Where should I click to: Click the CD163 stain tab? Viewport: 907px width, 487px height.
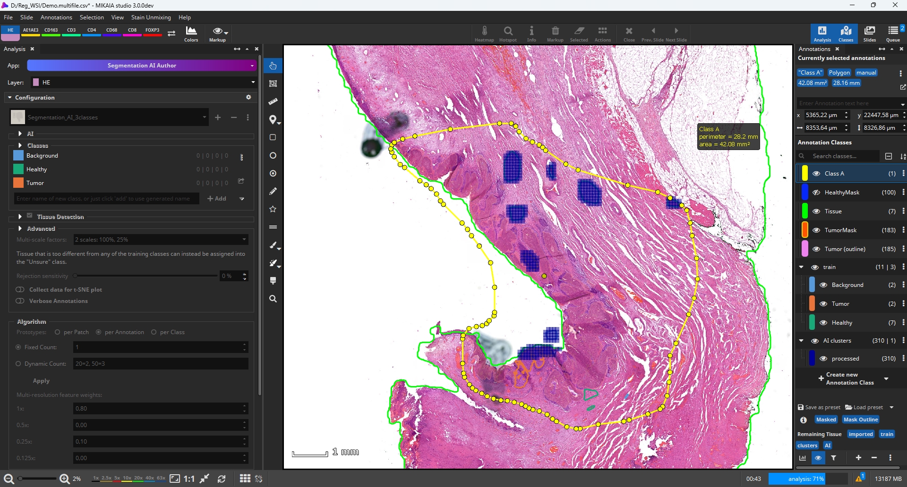pos(51,31)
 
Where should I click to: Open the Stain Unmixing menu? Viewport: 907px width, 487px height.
pos(151,17)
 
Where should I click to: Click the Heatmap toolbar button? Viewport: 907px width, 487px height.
pos(484,34)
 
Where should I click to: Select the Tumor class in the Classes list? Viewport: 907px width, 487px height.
pos(35,183)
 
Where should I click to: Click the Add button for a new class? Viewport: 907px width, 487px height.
pos(217,199)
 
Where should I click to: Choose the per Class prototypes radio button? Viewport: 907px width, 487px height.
pos(154,332)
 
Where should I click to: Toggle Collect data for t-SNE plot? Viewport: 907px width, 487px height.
pos(20,290)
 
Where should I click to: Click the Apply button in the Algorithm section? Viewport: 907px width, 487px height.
pos(41,381)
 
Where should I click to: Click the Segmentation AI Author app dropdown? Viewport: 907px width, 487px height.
pos(142,66)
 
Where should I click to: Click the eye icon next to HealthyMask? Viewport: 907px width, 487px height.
pos(816,193)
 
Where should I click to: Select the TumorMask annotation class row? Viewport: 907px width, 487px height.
pos(841,230)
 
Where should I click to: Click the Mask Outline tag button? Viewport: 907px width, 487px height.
pos(861,420)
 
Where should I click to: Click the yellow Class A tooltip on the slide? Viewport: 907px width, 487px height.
pos(728,137)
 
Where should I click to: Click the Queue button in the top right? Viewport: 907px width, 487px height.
pos(893,34)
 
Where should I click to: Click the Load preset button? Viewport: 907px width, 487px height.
pos(864,407)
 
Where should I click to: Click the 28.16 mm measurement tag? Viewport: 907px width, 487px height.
pos(846,83)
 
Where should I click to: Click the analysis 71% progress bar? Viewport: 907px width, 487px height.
pos(806,479)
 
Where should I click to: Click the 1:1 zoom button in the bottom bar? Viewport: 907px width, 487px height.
pos(189,479)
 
